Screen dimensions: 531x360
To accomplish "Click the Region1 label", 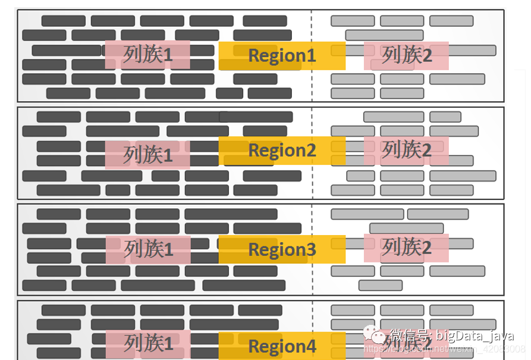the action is click(282, 56).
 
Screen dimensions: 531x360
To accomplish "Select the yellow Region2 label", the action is click(282, 151).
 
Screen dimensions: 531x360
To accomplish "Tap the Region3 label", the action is click(282, 249).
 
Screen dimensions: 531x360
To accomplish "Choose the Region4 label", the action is click(282, 346).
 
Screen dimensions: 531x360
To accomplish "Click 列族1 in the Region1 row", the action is click(148, 55).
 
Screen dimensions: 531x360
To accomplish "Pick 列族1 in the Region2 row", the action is click(148, 155).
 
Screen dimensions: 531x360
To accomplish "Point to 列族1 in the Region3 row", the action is click(149, 249).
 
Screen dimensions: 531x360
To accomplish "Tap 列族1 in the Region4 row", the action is click(148, 344).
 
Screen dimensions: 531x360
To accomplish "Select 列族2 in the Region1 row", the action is click(406, 55).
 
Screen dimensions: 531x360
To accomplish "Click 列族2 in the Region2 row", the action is click(406, 150).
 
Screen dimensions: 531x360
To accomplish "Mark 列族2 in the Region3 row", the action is click(406, 247).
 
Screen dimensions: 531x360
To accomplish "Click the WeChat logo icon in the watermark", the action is click(376, 336).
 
